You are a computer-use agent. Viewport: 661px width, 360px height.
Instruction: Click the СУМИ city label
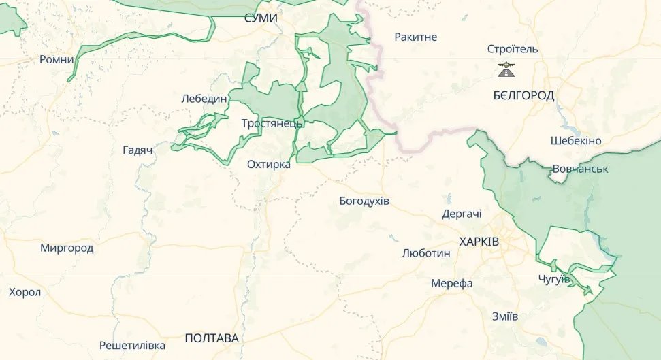point(261,18)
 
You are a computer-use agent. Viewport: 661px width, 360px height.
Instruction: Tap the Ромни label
point(57,60)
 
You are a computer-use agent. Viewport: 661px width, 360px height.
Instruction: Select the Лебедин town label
point(204,99)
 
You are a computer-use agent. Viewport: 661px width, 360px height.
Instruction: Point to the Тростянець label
point(272,124)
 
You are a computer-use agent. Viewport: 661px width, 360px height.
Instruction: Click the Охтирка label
point(269,164)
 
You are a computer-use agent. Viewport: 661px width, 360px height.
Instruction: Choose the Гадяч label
point(137,150)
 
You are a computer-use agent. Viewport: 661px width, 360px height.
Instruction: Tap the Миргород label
point(67,248)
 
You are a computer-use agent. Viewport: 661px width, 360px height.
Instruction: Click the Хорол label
point(25,292)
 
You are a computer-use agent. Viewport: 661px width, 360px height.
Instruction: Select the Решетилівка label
point(132,345)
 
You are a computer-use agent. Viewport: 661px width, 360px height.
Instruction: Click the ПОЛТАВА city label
point(212,338)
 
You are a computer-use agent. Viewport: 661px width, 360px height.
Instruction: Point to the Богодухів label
point(364,201)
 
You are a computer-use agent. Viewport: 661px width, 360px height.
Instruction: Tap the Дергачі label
point(462,214)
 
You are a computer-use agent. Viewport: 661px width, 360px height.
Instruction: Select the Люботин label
point(426,253)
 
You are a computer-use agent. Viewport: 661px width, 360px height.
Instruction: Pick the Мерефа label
point(452,283)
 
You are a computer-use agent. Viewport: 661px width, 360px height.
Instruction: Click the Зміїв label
point(505,316)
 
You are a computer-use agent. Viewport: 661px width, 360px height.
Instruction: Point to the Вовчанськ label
point(580,168)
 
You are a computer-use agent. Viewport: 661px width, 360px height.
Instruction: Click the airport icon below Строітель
point(506,69)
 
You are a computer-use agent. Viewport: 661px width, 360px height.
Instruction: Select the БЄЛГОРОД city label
point(523,95)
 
